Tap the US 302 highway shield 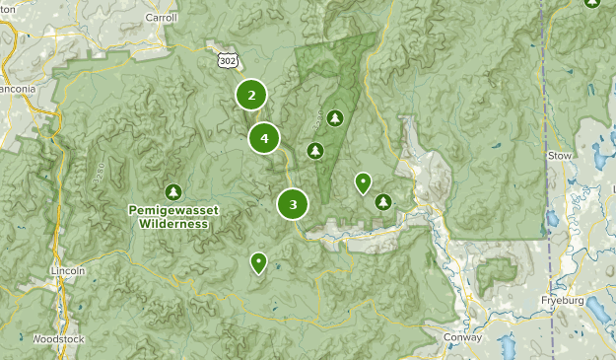tap(229, 61)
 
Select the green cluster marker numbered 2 tap(251, 96)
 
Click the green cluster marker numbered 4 tap(264, 138)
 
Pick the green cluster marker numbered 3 tap(293, 204)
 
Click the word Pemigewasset tap(173, 210)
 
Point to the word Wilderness tap(173, 223)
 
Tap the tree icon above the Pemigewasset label tap(174, 191)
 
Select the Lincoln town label tap(68, 270)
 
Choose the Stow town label tap(561, 155)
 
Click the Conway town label tap(462, 337)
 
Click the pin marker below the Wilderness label tap(258, 261)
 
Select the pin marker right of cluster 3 tap(363, 181)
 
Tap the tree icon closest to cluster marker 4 tap(315, 151)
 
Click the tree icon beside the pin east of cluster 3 tap(383, 202)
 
